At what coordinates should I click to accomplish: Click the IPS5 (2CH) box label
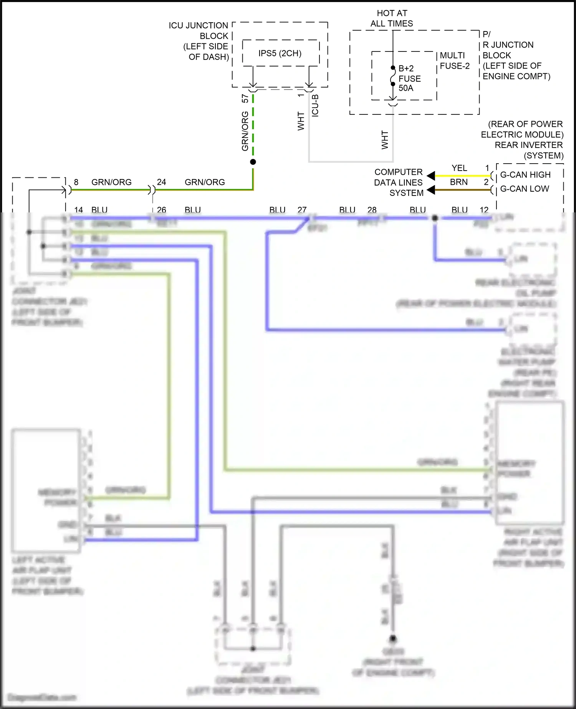(x=280, y=53)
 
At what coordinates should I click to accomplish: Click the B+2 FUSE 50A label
(x=409, y=78)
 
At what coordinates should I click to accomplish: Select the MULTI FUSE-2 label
(x=455, y=61)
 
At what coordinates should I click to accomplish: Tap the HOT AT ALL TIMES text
(x=392, y=18)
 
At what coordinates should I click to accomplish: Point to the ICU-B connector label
(x=315, y=106)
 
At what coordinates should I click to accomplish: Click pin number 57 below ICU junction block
(x=245, y=99)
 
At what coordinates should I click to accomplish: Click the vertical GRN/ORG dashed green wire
(x=253, y=127)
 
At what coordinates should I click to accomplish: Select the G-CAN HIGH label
(x=525, y=175)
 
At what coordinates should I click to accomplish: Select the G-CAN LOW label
(x=524, y=189)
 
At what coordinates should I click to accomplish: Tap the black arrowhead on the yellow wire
(x=431, y=176)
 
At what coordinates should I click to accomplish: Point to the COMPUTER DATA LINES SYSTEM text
(x=398, y=182)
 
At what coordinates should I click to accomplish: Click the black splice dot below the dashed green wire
(x=253, y=162)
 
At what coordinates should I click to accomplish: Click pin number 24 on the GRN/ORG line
(x=161, y=182)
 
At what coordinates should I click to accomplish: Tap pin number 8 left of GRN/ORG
(x=76, y=182)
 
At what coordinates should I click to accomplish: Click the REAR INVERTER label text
(x=528, y=145)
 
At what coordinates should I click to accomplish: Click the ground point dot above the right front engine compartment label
(x=393, y=639)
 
